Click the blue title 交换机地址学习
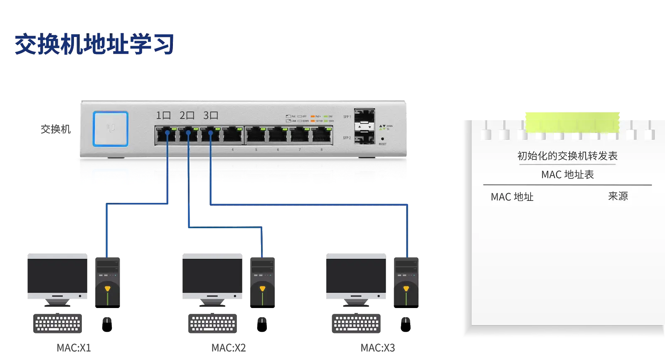94,44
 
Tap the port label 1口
163,115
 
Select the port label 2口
187,115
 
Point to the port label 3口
211,115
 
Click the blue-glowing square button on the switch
111,128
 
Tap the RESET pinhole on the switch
382,139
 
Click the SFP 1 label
347,117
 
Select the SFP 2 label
347,138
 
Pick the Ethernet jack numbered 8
322,136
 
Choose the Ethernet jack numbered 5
256,136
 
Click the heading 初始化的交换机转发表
567,156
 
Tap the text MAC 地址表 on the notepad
567,175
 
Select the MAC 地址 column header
512,197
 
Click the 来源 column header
618,196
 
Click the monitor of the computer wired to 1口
58,274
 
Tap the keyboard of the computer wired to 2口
212,323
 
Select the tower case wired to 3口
406,281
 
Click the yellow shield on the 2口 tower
262,288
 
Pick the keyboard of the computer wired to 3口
356,323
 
